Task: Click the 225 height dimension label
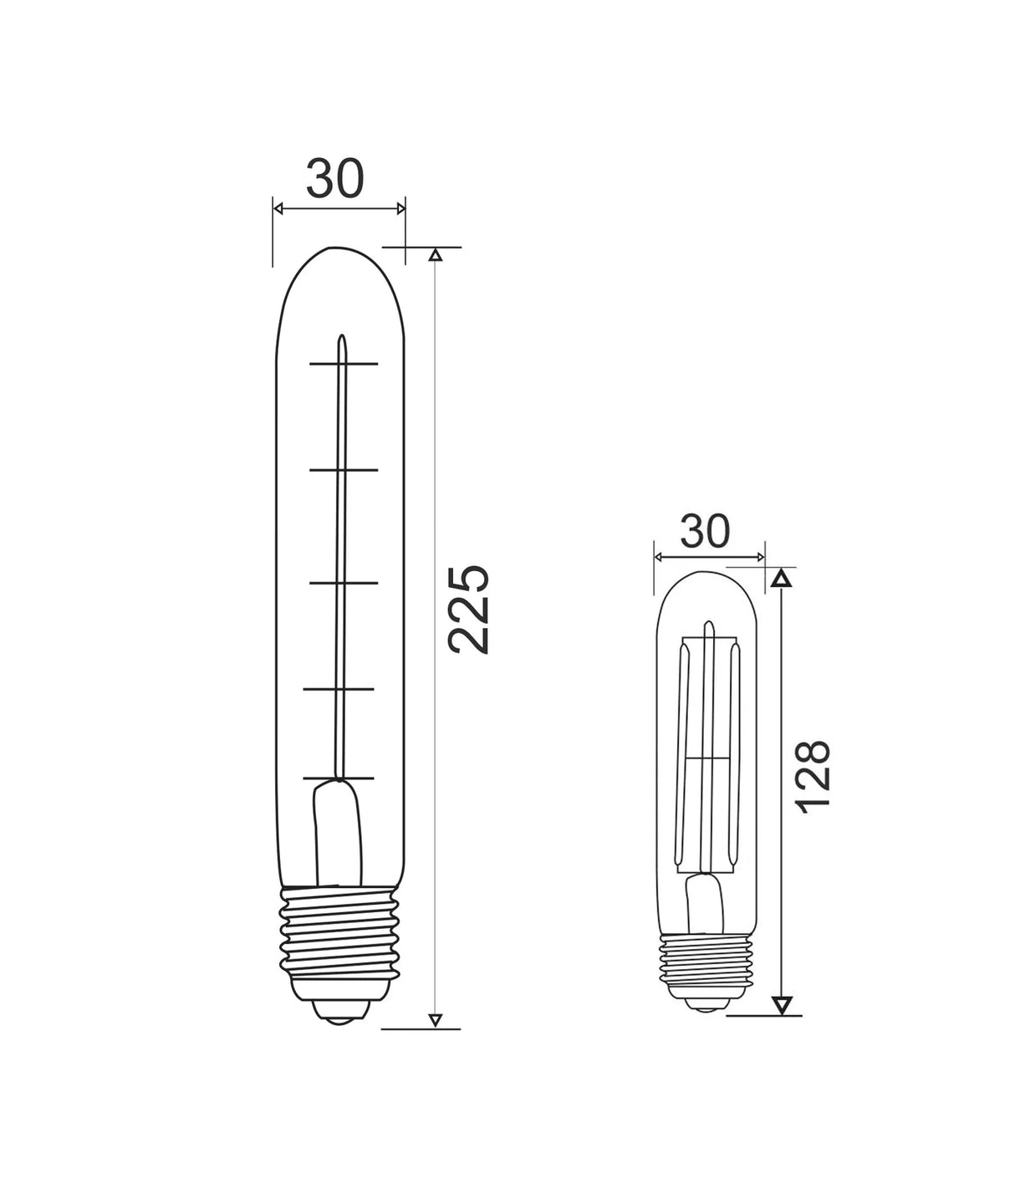pos(467,609)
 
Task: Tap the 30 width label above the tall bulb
pos(336,178)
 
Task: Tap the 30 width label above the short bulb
pos(706,532)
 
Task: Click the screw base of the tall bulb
pos(339,941)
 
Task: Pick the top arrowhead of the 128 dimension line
pos(781,577)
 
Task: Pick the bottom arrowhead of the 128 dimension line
pos(781,1005)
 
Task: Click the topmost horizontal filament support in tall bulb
pos(344,364)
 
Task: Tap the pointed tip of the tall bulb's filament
pos(341,339)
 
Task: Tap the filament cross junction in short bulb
pos(707,758)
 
